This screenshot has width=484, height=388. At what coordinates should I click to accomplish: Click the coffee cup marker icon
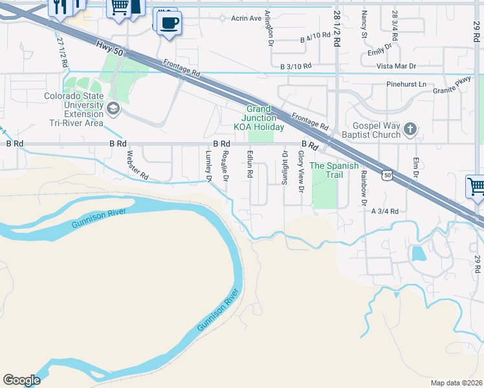[x=170, y=23]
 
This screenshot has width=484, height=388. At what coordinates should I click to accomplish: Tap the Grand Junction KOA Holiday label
[x=258, y=118]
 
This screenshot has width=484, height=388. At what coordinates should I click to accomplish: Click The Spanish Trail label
[x=334, y=171]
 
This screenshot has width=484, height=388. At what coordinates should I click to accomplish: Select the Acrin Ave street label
[x=246, y=18]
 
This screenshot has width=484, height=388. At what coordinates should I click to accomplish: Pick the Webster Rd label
[x=138, y=166]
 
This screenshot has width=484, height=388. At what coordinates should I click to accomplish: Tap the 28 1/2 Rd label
[x=337, y=29]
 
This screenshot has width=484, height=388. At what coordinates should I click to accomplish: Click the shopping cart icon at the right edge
[x=476, y=188]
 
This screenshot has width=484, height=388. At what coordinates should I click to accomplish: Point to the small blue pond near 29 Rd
[x=419, y=253]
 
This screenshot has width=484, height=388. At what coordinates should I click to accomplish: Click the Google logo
[x=21, y=380]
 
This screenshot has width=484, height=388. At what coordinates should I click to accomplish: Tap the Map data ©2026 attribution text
[x=456, y=383]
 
